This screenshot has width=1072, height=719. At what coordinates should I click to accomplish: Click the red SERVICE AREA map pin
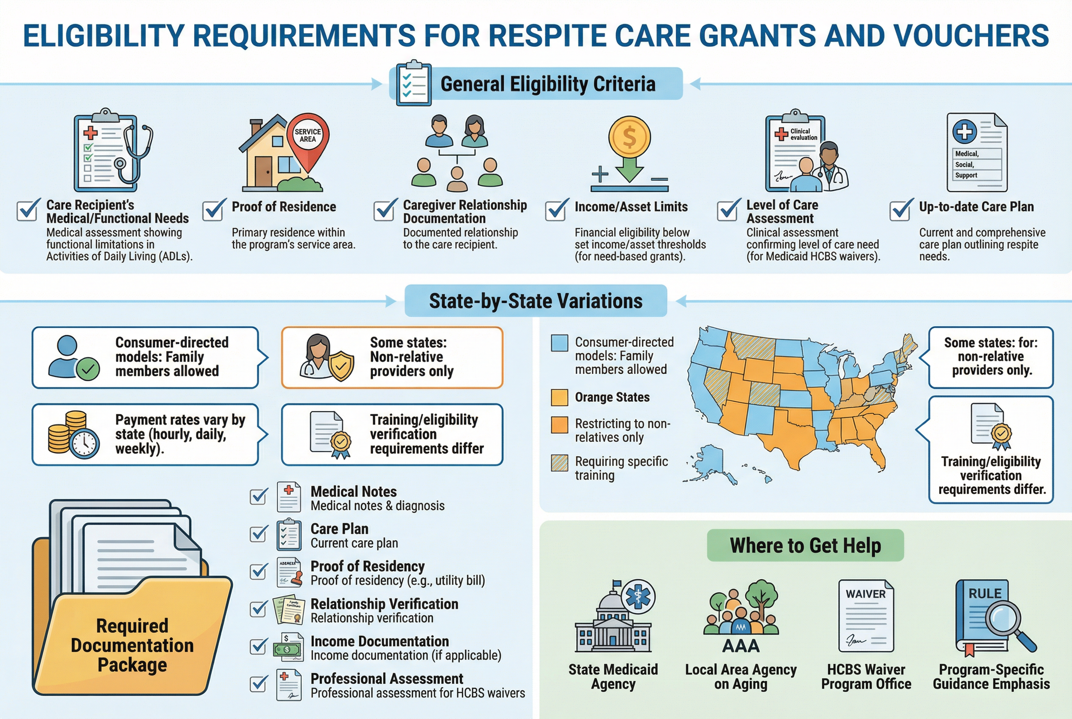point(307,138)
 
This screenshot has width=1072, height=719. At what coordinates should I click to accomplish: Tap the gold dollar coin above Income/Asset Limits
point(629,137)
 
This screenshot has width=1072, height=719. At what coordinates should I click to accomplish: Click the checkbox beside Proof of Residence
point(214,210)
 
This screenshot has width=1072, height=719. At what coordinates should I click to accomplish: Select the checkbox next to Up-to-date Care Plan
point(900,210)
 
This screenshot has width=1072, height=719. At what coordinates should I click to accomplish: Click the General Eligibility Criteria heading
point(548,84)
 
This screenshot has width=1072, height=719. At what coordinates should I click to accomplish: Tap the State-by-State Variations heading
point(536,301)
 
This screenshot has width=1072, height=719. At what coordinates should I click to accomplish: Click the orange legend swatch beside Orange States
point(560,397)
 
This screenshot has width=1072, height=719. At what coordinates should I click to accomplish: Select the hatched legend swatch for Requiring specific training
point(560,463)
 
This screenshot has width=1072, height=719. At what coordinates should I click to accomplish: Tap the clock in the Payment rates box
point(85,443)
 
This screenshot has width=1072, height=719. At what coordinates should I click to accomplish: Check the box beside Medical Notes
point(259,496)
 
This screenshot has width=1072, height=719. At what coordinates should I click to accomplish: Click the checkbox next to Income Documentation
point(259,647)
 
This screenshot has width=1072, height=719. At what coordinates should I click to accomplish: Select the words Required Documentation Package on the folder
point(132,645)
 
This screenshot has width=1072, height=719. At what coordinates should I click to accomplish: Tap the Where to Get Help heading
point(805,546)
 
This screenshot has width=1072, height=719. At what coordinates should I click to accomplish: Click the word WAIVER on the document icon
point(865,594)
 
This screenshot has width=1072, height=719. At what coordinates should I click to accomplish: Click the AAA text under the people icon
point(741,646)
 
